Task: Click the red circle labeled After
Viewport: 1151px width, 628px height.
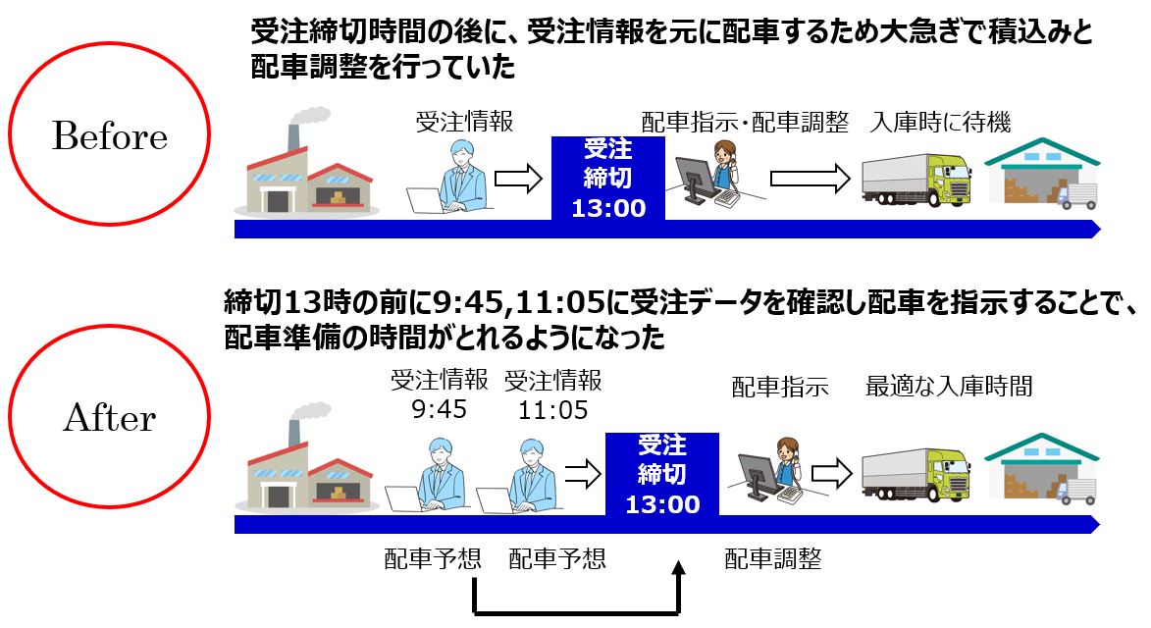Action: pyautogui.click(x=109, y=327)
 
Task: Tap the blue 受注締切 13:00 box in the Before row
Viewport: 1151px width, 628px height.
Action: pyautogui.click(x=607, y=179)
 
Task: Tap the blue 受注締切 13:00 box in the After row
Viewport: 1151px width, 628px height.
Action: pyautogui.click(x=662, y=475)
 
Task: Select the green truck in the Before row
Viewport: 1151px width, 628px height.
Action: pyautogui.click(x=916, y=180)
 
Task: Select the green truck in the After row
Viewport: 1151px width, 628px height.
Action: pyautogui.click(x=916, y=475)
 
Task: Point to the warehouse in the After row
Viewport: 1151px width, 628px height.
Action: pyautogui.click(x=1042, y=469)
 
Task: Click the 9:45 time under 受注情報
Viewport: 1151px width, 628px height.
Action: pyautogui.click(x=439, y=409)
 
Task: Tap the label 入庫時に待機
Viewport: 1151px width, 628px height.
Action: pyautogui.click(x=940, y=122)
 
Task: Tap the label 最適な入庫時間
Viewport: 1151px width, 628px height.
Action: pyautogui.click(x=949, y=386)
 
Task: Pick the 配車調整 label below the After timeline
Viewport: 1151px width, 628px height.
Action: pyautogui.click(x=773, y=559)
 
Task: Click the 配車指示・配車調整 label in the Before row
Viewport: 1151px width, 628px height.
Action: pyautogui.click(x=745, y=122)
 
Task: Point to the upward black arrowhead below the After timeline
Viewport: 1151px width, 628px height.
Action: pyautogui.click(x=679, y=568)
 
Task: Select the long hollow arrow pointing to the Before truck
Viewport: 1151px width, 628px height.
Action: pyautogui.click(x=810, y=179)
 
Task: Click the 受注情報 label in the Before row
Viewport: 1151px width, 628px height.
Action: pyautogui.click(x=465, y=122)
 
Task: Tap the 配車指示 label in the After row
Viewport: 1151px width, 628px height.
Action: pyautogui.click(x=780, y=386)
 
